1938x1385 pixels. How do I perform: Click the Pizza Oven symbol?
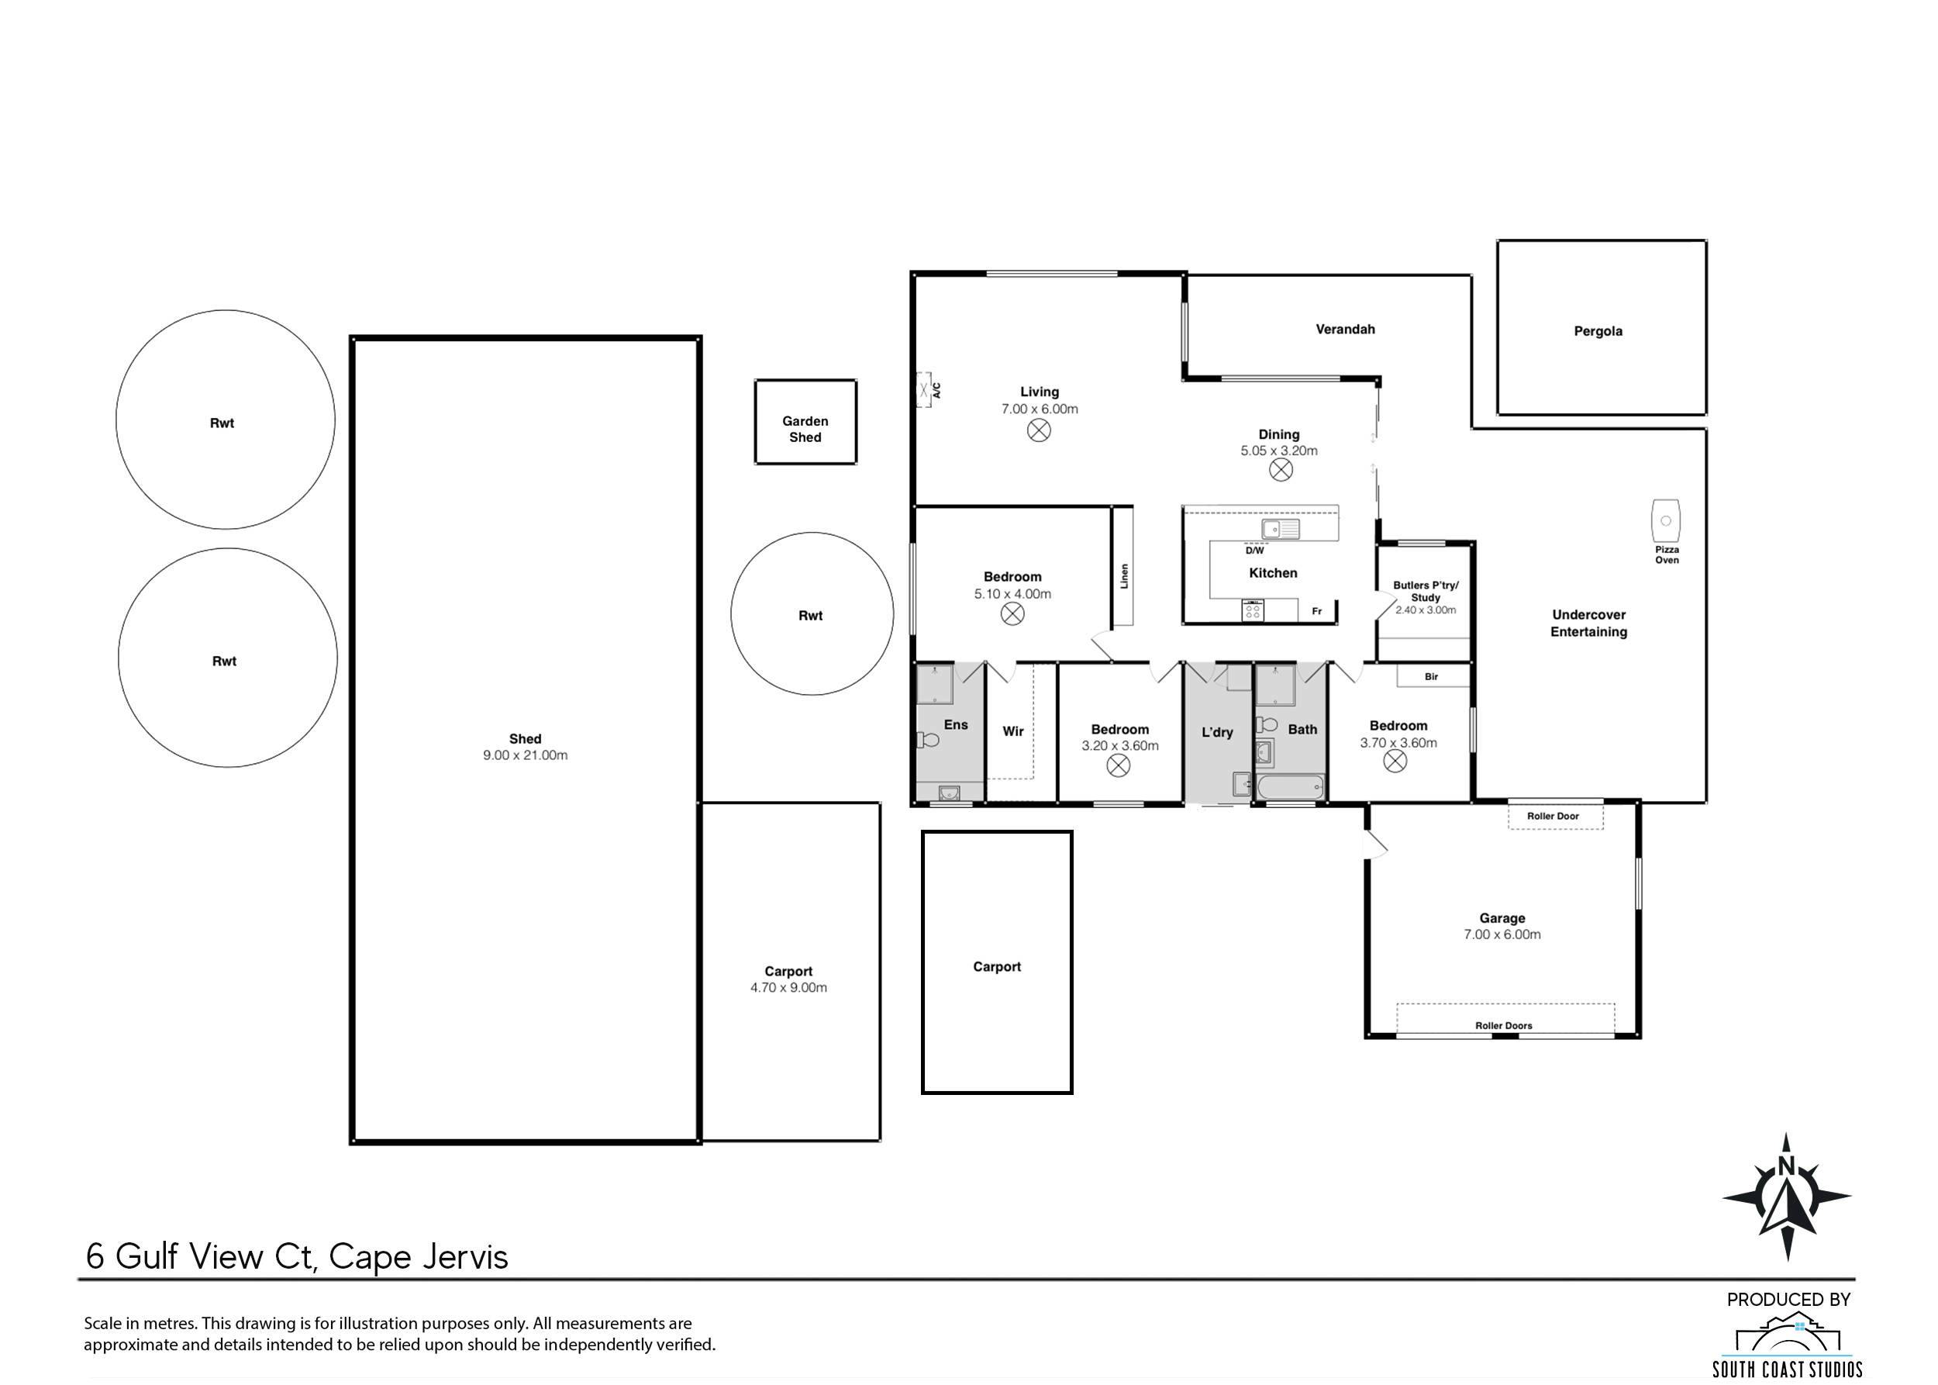1664,520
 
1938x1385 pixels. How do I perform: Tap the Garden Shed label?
805,429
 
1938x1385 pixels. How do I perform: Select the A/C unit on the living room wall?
923,390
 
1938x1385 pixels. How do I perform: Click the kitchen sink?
1281,530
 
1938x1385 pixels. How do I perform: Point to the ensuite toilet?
928,739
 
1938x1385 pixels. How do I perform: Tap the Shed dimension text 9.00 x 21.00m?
526,755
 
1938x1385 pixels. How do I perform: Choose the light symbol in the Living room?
1039,430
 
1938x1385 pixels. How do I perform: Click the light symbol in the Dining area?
1281,469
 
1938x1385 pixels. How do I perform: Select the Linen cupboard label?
1124,575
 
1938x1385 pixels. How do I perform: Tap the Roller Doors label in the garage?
1504,1025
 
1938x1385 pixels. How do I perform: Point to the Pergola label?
1598,331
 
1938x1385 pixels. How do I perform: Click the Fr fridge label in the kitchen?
1316,610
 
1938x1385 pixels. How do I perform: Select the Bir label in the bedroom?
1432,676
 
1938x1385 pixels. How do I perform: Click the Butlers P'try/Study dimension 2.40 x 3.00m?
1426,610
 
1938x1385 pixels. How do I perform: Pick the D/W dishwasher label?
1255,551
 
